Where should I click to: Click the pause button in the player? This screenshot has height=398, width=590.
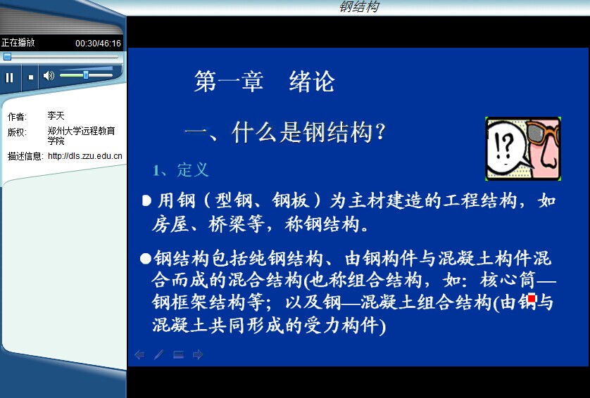[x=9, y=77]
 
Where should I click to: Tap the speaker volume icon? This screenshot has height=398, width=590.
[x=49, y=76]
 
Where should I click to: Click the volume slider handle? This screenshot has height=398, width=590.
[x=86, y=75]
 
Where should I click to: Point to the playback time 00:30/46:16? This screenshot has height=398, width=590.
[x=98, y=43]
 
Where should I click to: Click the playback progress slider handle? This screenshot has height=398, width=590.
[x=7, y=57]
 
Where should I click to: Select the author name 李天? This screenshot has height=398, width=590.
[x=56, y=116]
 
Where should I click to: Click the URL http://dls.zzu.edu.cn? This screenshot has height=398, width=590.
[x=85, y=155]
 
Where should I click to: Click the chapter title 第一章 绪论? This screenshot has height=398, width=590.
[x=264, y=81]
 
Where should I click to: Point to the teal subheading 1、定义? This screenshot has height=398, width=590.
[x=181, y=170]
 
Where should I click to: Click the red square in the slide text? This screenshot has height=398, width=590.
[x=532, y=299]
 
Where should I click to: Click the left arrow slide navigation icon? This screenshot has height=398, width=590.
[x=139, y=354]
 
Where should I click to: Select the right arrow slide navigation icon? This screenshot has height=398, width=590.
[x=198, y=354]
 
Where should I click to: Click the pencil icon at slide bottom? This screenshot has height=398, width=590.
[x=159, y=354]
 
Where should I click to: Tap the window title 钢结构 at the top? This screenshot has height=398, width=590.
[x=359, y=6]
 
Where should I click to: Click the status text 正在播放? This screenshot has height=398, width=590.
[x=18, y=42]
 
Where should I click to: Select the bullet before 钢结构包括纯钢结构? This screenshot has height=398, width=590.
[x=146, y=259]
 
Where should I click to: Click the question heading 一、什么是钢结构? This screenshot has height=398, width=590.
[x=285, y=132]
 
